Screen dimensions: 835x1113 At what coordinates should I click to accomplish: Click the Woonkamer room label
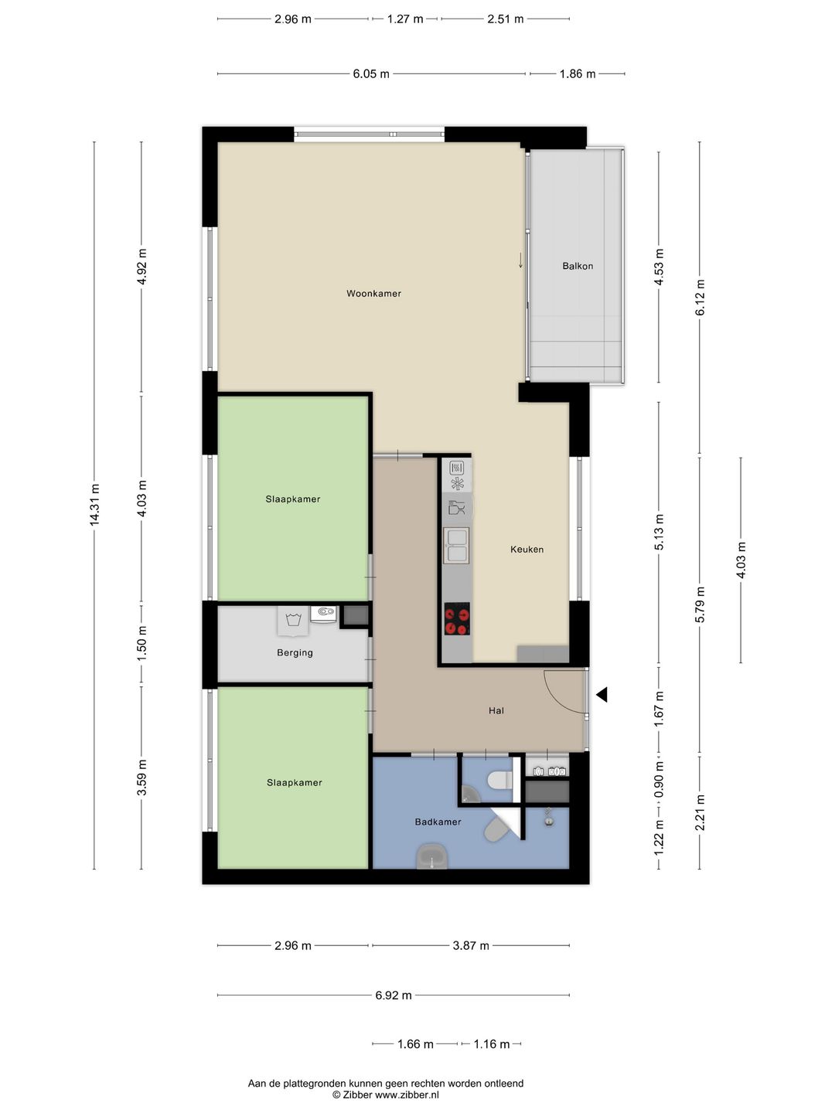click(373, 294)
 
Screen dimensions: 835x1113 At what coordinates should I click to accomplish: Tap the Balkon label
click(578, 266)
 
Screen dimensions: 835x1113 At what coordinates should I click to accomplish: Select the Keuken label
click(527, 549)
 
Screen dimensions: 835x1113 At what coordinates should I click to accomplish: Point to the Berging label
click(295, 652)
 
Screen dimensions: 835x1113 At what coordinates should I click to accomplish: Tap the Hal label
click(496, 710)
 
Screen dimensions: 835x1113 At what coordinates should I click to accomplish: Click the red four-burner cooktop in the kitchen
click(457, 618)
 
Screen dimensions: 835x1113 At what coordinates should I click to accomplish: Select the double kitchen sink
click(456, 545)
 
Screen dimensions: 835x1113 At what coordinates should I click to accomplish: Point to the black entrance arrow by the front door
click(602, 695)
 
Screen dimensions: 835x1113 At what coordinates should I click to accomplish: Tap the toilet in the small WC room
click(500, 781)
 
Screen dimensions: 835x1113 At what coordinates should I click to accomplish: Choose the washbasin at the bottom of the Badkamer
click(432, 856)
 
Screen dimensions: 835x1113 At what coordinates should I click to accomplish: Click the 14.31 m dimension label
click(95, 505)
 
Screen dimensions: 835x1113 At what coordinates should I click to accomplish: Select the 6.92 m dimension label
click(394, 996)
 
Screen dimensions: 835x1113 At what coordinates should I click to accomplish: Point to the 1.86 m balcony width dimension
click(578, 74)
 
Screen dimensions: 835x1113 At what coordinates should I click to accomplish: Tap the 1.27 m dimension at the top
click(405, 19)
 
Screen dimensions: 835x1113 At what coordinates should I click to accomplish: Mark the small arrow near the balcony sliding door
click(520, 260)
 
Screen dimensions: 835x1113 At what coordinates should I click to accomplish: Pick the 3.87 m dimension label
click(471, 946)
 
